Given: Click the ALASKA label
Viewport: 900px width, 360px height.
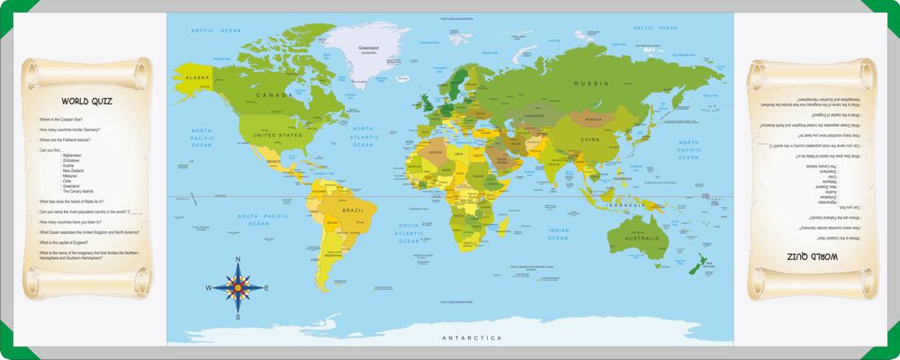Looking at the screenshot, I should pyautogui.click(x=197, y=78).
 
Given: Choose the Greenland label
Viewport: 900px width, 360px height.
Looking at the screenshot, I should pyautogui.click(x=366, y=48).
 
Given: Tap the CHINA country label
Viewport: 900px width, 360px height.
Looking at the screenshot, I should pyautogui.click(x=589, y=139).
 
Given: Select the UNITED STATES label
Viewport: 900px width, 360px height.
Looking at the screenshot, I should pyautogui.click(x=276, y=135).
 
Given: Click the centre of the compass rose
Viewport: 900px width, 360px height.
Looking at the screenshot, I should pyautogui.click(x=238, y=288).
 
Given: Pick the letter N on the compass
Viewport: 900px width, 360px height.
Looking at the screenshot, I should pyautogui.click(x=238, y=260).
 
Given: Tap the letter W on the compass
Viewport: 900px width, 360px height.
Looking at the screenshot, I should pyautogui.click(x=209, y=288).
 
